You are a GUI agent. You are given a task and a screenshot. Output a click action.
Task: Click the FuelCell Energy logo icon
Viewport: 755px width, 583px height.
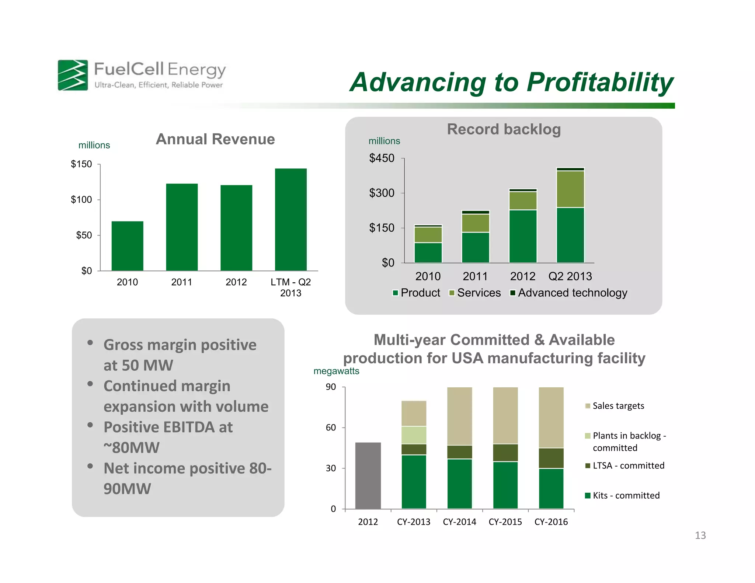pyautogui.click(x=73, y=75)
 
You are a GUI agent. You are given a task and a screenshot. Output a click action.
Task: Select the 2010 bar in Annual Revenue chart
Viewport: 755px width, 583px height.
pyautogui.click(x=127, y=246)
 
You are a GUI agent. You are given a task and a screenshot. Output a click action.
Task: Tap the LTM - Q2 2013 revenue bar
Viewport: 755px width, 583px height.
pyautogui.click(x=290, y=220)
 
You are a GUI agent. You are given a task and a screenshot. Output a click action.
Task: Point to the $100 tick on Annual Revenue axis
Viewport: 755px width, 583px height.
pyautogui.click(x=81, y=200)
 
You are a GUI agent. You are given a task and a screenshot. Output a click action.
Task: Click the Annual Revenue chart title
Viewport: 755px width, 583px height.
pyautogui.click(x=215, y=139)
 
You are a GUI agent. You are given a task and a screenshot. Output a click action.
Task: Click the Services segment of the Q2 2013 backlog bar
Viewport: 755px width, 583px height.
pyautogui.click(x=570, y=189)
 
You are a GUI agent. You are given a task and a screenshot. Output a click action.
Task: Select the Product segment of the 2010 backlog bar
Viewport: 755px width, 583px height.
pyautogui.click(x=428, y=253)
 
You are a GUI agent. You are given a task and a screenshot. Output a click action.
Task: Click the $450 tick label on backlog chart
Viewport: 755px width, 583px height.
pyautogui.click(x=382, y=158)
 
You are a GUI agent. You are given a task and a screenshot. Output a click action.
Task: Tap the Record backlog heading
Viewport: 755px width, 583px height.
pyautogui.click(x=504, y=129)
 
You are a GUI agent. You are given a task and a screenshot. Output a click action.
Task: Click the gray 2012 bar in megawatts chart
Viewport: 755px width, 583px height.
pyautogui.click(x=368, y=475)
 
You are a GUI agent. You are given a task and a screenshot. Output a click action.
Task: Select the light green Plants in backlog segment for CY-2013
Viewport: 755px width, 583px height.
pyautogui.click(x=414, y=435)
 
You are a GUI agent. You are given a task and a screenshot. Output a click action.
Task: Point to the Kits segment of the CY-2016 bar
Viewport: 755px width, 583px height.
pyautogui.click(x=551, y=488)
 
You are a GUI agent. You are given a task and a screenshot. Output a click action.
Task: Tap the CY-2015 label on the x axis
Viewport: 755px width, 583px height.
pyautogui.click(x=505, y=522)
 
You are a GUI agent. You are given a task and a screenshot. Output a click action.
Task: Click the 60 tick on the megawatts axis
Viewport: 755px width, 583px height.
pyautogui.click(x=331, y=427)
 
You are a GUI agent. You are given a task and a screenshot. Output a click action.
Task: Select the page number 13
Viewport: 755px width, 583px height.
pyautogui.click(x=700, y=535)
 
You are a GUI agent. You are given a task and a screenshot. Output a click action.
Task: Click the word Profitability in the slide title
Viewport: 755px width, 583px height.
pyautogui.click(x=600, y=82)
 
